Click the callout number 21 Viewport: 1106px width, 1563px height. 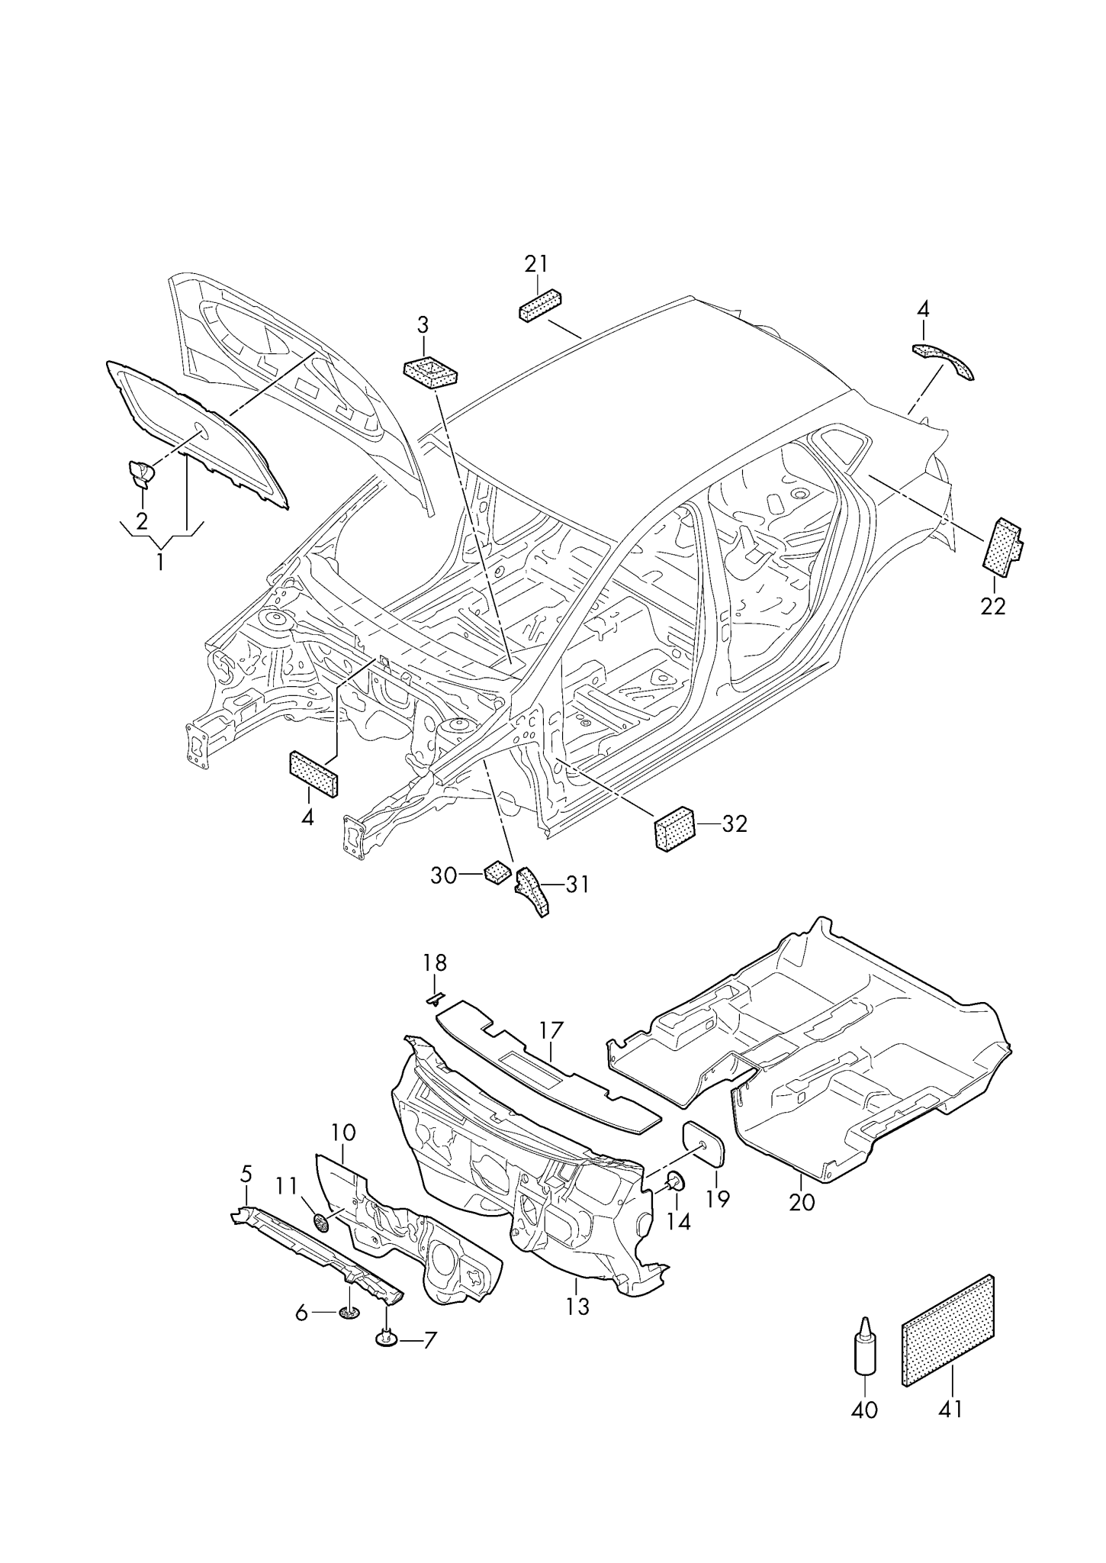point(535,264)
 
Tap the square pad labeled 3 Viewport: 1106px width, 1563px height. point(430,372)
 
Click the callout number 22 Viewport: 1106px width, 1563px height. point(994,606)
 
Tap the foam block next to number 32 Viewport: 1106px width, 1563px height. point(675,827)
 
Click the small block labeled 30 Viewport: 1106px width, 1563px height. point(497,871)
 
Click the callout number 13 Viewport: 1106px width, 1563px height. point(578,1307)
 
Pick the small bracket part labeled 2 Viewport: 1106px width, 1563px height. point(139,474)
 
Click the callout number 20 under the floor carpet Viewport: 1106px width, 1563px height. point(802,1202)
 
